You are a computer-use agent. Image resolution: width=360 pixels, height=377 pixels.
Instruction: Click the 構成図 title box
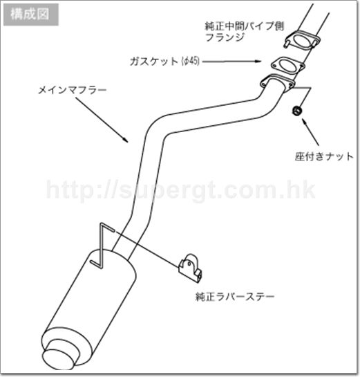(30, 15)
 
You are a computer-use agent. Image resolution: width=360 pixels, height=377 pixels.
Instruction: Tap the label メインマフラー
(73, 90)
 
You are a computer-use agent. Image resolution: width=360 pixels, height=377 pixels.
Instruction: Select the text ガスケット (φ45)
(164, 62)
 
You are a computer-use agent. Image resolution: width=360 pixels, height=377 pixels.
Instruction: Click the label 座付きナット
(324, 156)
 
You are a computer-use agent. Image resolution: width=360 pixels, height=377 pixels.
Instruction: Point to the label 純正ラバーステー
(235, 296)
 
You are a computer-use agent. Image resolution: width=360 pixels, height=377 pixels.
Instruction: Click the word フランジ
(225, 37)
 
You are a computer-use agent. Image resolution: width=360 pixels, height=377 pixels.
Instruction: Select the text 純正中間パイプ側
(244, 26)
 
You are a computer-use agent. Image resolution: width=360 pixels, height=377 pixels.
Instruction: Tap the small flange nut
(297, 111)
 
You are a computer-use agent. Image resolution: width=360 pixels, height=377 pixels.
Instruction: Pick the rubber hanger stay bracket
(190, 268)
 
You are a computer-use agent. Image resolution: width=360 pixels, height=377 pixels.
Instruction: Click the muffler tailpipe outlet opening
(58, 359)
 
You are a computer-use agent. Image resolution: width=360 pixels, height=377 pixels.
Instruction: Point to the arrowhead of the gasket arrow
(258, 61)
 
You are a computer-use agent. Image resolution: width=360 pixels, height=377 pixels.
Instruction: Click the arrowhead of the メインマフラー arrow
(125, 140)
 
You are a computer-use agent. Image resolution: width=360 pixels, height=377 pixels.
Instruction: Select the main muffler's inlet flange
(278, 82)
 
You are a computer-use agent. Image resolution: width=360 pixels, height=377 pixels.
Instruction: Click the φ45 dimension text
(191, 62)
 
